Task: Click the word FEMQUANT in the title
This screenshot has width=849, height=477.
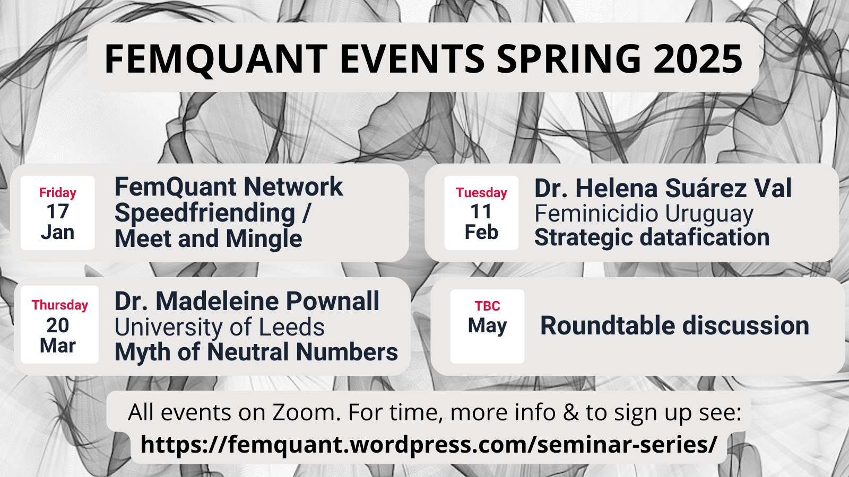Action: click(x=216, y=59)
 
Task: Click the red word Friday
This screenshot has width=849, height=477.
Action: click(x=58, y=193)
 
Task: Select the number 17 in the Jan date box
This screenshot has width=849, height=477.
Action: click(x=58, y=211)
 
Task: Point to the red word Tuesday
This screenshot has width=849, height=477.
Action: click(x=481, y=193)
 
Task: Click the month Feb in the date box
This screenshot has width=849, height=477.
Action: click(x=481, y=232)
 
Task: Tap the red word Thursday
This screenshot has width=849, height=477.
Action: click(x=60, y=305)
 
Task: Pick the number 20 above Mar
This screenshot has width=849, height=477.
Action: click(x=58, y=325)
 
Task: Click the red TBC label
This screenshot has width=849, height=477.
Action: click(x=488, y=305)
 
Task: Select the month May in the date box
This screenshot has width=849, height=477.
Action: click(x=488, y=326)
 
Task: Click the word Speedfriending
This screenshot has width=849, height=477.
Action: click(x=205, y=213)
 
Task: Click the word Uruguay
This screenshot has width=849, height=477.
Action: click(x=709, y=215)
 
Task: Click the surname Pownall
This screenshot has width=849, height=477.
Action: click(x=332, y=302)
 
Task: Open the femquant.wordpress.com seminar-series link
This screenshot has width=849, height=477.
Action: click(x=429, y=444)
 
